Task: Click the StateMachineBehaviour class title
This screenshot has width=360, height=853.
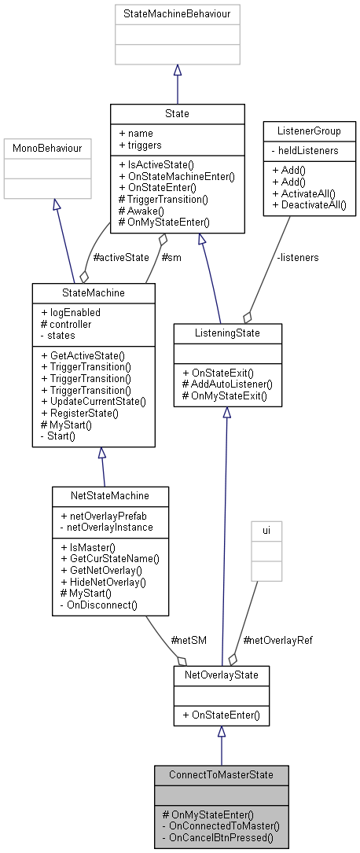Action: point(177,14)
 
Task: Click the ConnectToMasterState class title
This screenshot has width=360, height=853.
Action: point(221,774)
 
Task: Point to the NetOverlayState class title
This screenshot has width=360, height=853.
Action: point(221,675)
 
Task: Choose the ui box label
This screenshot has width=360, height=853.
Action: point(266,531)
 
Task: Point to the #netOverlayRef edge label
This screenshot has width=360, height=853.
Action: point(278,640)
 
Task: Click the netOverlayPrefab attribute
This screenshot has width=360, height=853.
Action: point(98,516)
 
